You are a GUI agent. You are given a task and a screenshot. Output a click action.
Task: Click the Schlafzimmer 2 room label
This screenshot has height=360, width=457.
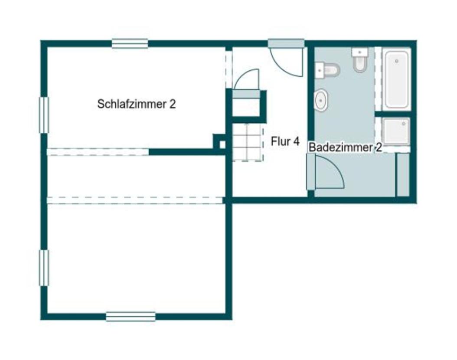pos(137,104)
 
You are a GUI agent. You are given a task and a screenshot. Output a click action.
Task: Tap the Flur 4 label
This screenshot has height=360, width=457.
pos(285,141)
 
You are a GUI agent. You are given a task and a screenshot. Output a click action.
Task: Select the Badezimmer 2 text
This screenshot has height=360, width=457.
pos(346,147)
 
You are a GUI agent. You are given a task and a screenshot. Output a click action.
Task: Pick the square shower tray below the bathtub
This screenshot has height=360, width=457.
pos(396,131)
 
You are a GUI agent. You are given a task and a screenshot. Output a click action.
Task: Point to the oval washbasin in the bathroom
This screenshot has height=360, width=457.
pos(321,100)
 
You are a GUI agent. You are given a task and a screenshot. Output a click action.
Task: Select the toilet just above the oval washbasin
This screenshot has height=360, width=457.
pos(327,70)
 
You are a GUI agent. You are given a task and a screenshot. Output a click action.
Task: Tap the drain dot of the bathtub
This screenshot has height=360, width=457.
pos(396,61)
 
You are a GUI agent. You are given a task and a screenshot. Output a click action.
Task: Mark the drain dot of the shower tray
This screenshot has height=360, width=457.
pos(404,124)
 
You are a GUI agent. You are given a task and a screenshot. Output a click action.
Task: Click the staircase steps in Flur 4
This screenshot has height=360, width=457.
pos(248,142)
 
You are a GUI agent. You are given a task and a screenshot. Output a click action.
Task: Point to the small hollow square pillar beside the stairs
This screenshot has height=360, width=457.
pos(222,144)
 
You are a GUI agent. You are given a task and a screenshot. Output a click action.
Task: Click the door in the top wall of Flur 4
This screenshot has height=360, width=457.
pos(286,58)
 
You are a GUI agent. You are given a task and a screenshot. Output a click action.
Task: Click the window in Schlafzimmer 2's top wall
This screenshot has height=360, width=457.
pos(130,43)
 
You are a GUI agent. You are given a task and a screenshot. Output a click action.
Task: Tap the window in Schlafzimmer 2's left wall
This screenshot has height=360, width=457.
pos(44,115)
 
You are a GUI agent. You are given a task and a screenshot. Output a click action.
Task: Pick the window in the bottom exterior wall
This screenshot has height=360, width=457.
pos(131,316)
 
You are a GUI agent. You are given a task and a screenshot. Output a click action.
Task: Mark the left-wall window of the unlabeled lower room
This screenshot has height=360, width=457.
pos(44,268)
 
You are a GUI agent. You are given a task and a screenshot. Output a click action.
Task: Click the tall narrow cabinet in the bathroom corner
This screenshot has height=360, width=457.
pos(403,175)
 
